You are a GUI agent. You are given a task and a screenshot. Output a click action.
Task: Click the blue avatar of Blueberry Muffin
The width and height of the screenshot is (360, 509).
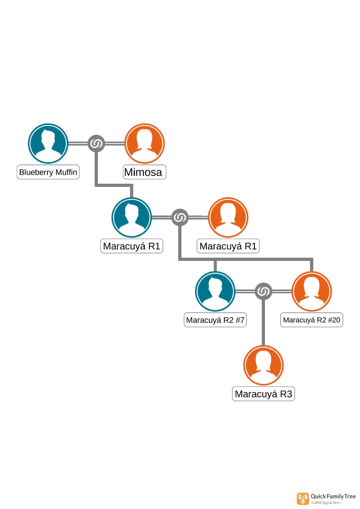coord(48,143)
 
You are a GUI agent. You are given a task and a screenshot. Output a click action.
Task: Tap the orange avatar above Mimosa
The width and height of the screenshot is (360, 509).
coord(144,143)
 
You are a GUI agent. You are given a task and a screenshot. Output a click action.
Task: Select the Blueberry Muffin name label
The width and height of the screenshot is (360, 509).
coord(48,173)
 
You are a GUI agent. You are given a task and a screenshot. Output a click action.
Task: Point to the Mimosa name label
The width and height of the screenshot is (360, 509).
coord(144,173)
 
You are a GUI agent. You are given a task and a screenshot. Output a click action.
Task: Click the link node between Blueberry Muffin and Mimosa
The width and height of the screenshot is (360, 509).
coord(96,144)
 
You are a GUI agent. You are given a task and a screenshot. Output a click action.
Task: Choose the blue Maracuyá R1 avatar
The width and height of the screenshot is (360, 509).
coord(132,217)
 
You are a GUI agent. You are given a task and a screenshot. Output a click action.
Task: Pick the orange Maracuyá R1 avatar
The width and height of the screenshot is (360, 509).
coord(228,217)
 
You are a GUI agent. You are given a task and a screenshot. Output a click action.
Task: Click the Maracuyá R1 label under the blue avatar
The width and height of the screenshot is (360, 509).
coord(132,246)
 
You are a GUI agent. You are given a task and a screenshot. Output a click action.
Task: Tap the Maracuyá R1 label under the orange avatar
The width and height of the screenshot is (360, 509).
coord(228,246)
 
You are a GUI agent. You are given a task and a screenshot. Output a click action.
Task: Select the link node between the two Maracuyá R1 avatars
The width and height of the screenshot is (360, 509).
coord(180,218)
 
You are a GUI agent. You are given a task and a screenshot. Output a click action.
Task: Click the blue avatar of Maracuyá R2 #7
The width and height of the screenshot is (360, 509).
coord(215,291)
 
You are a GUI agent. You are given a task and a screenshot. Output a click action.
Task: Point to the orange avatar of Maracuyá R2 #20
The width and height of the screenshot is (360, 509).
coord(311,291)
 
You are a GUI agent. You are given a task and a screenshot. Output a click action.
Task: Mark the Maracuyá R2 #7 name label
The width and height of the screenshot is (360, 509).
coord(215,320)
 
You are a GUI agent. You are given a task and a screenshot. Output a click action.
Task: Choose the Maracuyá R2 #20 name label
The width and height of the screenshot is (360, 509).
coord(311,320)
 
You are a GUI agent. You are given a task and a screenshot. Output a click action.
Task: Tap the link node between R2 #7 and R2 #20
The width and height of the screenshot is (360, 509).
coord(263,291)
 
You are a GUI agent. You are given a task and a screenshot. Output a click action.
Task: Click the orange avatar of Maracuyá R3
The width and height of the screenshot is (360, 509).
coord(263,365)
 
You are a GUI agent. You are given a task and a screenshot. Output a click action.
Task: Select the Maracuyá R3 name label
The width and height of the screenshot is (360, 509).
coord(263,394)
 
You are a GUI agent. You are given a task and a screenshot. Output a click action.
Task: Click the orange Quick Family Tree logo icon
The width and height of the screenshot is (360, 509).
coord(303,499)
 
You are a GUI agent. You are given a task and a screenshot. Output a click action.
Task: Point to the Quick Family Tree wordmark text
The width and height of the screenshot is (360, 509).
coord(333,496)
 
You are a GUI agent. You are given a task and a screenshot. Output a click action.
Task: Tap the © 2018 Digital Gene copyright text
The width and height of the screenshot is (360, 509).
coord(326,503)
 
